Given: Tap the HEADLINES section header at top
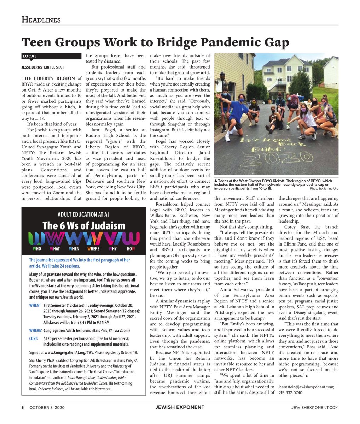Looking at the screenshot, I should tap(41, 19).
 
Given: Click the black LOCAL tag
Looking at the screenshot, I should tap(30, 56).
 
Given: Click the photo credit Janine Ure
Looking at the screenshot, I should tap(328, 188).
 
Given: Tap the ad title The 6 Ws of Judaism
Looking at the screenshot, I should tap(84, 225).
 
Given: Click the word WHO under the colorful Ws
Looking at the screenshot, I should tap(37, 249).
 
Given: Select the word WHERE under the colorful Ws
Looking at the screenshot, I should tap(93, 249).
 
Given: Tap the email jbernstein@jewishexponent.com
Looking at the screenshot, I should tap(306, 387).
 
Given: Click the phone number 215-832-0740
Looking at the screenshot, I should tap(290, 393).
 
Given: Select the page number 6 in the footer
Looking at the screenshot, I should tap(22, 407).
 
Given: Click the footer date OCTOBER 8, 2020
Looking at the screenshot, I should tap(47, 407).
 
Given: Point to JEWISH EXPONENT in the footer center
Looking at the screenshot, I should tap(180, 407).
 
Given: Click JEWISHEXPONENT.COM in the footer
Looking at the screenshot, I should tap(315, 407).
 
